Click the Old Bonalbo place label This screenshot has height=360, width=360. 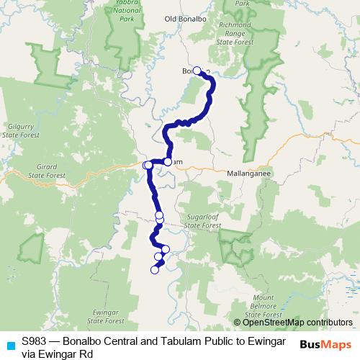coord(189,39)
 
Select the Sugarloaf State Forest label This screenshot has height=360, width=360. coord(202,220)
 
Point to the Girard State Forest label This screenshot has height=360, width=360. coord(41,170)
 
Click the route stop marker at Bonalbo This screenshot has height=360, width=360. coord(197,71)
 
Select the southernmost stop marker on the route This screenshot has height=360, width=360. coord(153,270)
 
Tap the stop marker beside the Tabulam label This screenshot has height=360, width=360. coord(168,162)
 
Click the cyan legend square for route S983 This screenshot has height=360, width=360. coord(9,344)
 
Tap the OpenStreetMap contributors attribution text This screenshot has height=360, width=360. coord(292,322)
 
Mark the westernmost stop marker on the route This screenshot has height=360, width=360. coord(147,166)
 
